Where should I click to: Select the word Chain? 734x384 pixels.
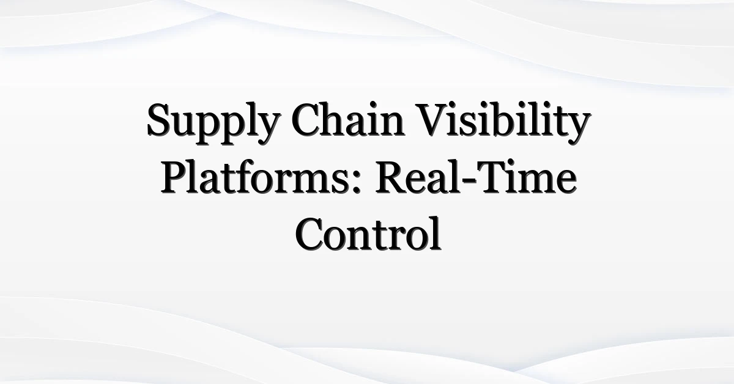click(347, 119)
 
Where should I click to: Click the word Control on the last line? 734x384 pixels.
click(368, 233)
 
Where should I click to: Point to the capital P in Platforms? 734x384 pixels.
click(175, 177)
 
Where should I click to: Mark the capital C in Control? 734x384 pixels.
click(311, 234)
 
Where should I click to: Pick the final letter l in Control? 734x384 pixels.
click(436, 233)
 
